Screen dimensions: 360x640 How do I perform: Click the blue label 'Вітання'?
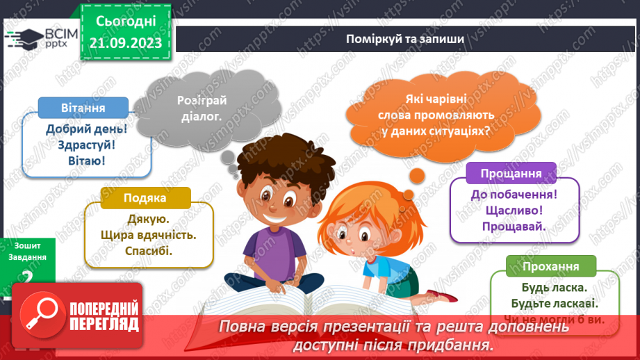pos(83,108)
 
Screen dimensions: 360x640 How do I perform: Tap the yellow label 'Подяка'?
pos(145,198)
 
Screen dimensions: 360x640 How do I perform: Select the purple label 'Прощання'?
pos(512,173)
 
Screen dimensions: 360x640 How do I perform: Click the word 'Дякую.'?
pos(144,219)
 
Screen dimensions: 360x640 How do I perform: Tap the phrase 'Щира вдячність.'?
pos(144,235)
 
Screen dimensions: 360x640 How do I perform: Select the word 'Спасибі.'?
pos(144,251)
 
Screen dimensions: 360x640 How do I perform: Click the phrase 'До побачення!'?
pos(514,194)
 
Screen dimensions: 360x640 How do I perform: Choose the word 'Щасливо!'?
pos(514,210)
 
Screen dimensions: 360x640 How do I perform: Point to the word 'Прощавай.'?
pos(514,226)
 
